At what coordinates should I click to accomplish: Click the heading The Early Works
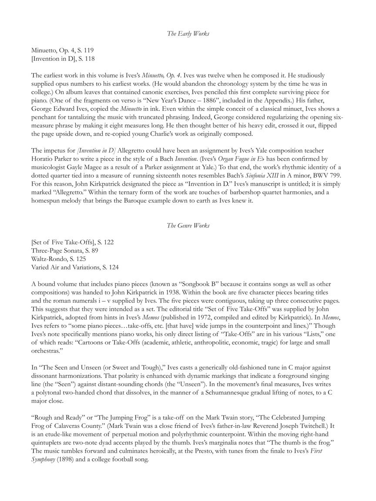(x=188, y=33)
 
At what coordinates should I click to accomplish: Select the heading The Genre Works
(x=188, y=225)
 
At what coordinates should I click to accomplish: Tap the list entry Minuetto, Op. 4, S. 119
(x=62, y=50)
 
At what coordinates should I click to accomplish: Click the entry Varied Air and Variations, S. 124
(x=75, y=267)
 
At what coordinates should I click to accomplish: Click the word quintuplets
(x=48, y=442)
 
